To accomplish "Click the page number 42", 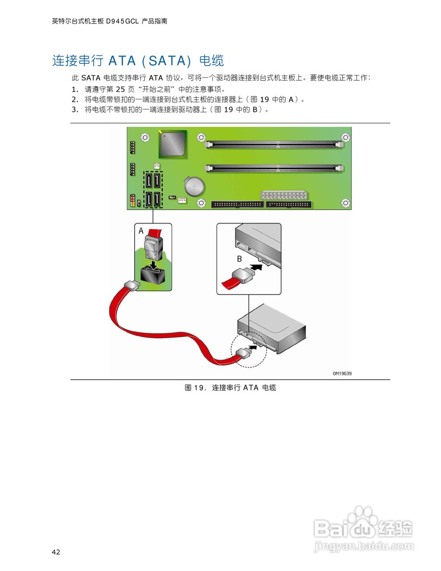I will pyautogui.click(x=56, y=552).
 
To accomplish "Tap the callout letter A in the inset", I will pyautogui.click(x=141, y=231).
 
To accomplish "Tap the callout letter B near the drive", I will pyautogui.click(x=239, y=259).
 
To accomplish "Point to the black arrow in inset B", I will pyautogui.click(x=256, y=269).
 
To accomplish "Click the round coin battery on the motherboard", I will pyautogui.click(x=194, y=186).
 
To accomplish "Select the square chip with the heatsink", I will pyautogui.click(x=172, y=144).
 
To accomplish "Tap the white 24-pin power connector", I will pyautogui.click(x=284, y=195).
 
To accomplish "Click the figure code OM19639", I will pyautogui.click(x=342, y=373).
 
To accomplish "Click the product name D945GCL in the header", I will pyautogui.click(x=122, y=21).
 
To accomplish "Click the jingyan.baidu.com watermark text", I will pyautogui.click(x=363, y=546).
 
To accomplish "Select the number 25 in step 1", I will pyautogui.click(x=120, y=89).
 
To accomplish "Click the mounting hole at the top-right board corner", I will pyautogui.click(x=345, y=137).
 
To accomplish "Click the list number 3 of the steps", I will pyautogui.click(x=75, y=110).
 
